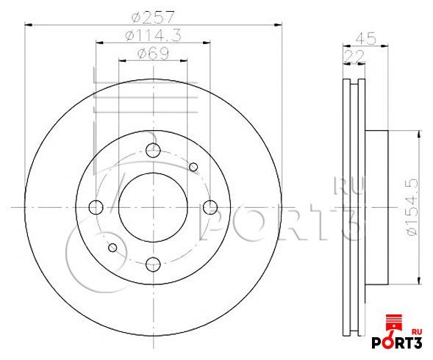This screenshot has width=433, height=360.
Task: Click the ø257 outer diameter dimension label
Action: [153, 17]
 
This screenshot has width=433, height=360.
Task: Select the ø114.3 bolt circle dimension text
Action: [153, 35]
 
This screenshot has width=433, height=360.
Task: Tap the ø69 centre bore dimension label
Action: [153, 54]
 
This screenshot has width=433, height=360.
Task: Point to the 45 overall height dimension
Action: [365, 38]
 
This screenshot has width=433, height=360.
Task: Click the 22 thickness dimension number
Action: [354, 57]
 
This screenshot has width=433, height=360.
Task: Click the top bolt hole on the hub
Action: [153, 150]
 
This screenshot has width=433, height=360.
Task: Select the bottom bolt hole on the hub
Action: [153, 264]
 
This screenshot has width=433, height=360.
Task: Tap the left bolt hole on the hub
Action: [96, 207]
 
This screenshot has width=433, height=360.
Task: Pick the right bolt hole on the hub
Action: [210, 207]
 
